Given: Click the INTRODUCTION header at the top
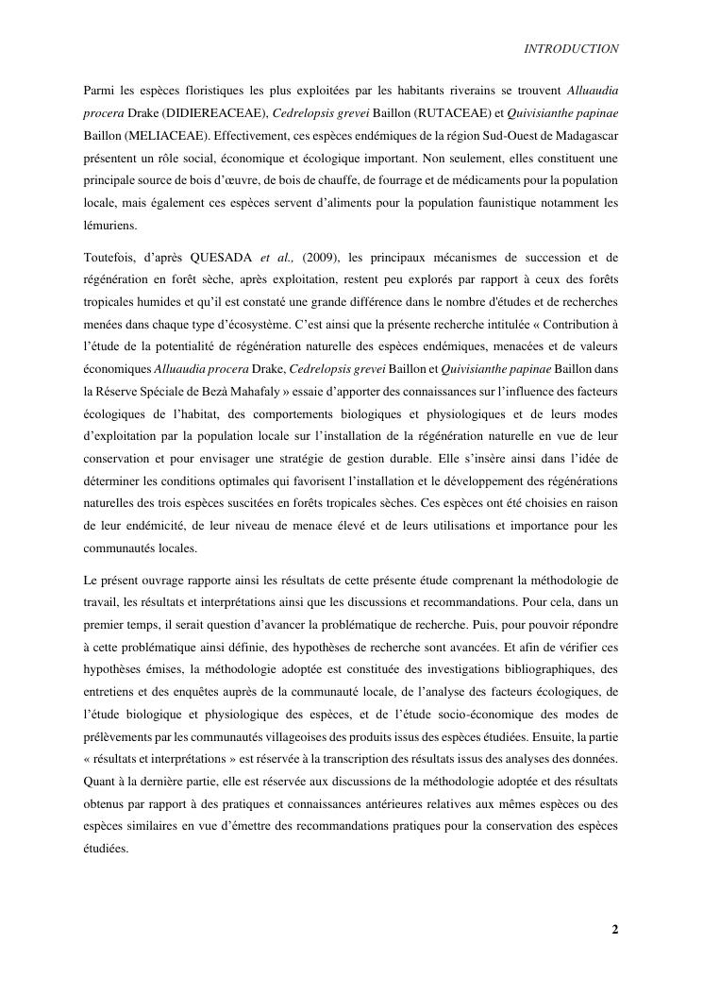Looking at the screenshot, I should tap(571, 49).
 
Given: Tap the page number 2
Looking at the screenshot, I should tap(615, 930).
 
